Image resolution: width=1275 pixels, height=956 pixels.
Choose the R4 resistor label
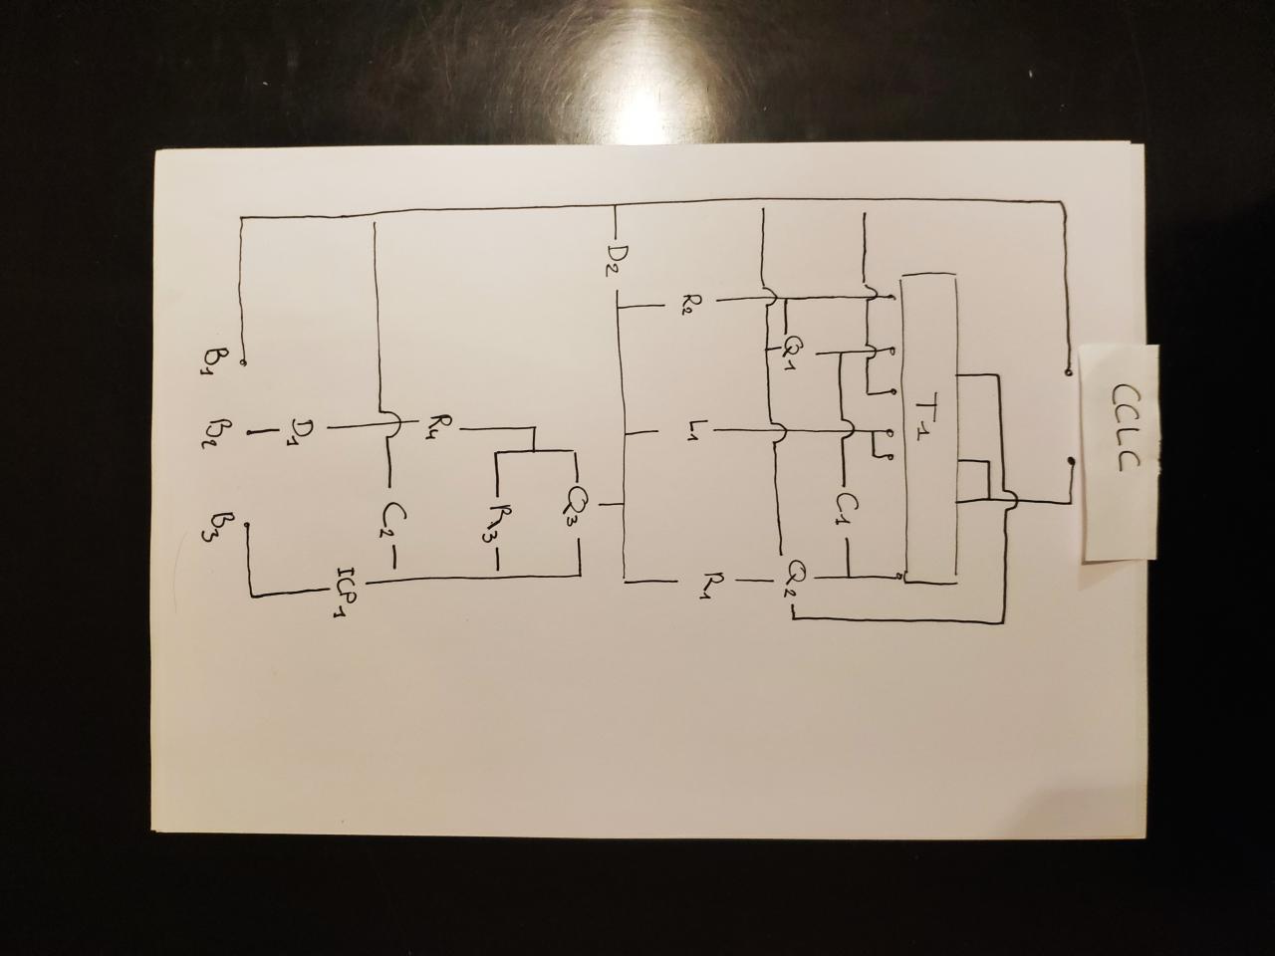pos(434,428)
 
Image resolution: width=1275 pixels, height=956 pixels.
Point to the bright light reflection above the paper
pos(647,60)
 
